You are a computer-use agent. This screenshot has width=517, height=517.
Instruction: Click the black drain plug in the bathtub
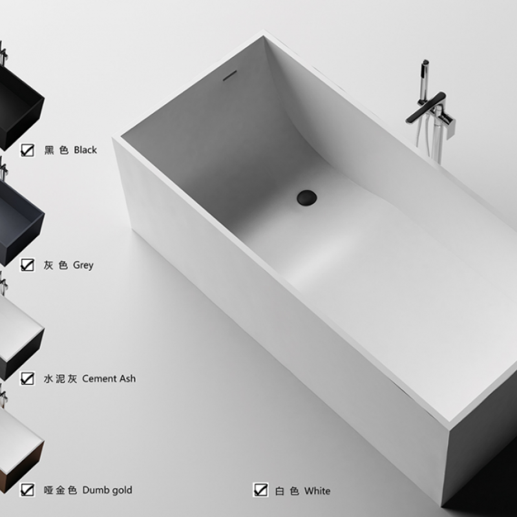click(306, 198)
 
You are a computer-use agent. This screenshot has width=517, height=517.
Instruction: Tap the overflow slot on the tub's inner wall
click(230, 76)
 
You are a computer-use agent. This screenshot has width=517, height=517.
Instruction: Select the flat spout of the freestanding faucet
click(425, 107)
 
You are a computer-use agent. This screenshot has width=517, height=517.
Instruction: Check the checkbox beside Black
click(27, 150)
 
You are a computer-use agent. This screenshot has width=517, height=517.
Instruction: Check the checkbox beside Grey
click(27, 265)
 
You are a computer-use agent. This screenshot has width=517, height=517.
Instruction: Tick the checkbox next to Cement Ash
click(27, 379)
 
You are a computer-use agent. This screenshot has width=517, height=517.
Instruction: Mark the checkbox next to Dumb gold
click(27, 490)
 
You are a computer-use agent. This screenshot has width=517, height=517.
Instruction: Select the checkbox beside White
click(260, 490)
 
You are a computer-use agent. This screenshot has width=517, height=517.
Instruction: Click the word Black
click(85, 150)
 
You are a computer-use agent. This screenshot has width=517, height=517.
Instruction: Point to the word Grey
click(83, 265)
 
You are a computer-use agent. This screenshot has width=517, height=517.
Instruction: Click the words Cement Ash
click(109, 379)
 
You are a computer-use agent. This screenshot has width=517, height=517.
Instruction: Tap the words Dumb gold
click(107, 491)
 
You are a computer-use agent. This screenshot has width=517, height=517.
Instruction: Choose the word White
click(317, 491)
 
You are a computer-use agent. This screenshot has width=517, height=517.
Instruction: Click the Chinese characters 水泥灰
click(60, 379)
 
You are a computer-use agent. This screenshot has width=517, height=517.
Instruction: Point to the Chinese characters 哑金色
click(60, 491)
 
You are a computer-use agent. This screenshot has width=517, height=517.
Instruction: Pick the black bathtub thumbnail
click(20, 105)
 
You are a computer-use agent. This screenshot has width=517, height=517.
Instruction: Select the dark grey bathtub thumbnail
click(20, 221)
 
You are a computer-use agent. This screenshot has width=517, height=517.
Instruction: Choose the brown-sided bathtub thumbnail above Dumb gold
click(20, 448)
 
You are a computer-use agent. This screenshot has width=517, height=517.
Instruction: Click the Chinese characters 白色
click(287, 491)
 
